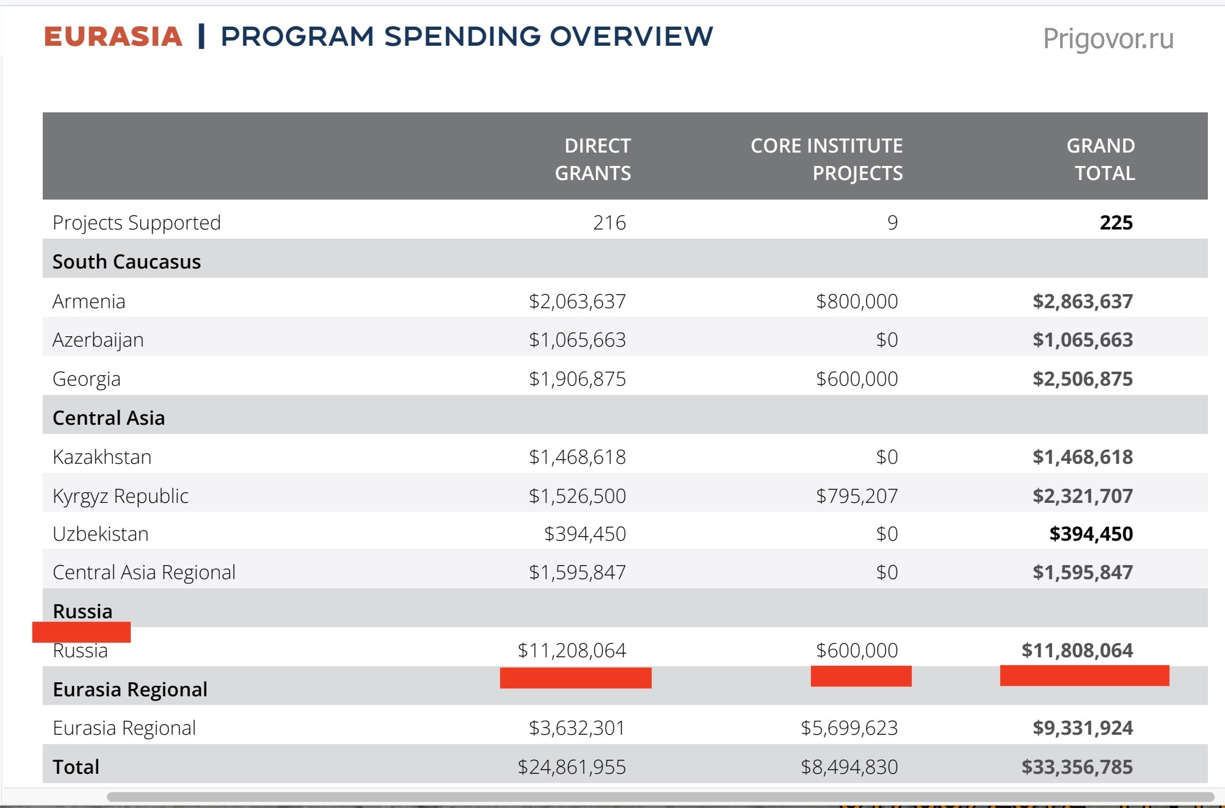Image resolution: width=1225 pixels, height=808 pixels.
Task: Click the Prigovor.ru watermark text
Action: [x=1108, y=39]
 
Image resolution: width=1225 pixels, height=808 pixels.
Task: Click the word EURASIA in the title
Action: [x=113, y=37]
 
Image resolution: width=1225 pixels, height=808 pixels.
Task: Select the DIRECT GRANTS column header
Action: [x=592, y=159]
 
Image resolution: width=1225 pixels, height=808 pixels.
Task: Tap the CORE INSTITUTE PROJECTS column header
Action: [x=826, y=159]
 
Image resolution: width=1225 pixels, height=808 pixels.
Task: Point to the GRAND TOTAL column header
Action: [x=1100, y=159]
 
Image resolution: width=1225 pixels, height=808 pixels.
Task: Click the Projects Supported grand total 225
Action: [x=1116, y=223]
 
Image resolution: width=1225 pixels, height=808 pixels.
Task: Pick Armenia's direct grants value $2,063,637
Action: [x=577, y=301]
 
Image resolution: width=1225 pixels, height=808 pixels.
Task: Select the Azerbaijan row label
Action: [x=98, y=340]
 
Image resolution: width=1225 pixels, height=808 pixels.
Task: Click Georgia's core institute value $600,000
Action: [x=857, y=379]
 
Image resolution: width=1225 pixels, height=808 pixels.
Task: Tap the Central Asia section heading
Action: [x=109, y=418]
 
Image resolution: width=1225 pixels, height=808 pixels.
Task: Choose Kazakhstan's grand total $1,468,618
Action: [x=1082, y=457]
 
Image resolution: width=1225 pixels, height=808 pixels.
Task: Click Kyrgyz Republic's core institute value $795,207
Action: [x=857, y=496]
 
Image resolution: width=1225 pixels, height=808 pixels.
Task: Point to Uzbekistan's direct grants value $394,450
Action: [x=585, y=534]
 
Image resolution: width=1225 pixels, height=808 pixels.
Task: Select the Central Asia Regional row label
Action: [x=144, y=572]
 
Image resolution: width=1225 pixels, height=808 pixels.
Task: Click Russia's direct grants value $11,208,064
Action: [x=572, y=651]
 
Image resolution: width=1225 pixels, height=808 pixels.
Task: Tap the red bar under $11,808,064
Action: [x=1085, y=676]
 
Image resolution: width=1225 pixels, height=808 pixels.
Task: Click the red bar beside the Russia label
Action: [x=81, y=632]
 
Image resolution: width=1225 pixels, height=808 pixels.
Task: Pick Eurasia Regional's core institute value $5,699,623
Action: [x=849, y=728]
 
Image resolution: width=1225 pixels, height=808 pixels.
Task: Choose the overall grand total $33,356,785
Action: [x=1077, y=767]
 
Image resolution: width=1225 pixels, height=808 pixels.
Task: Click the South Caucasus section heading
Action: [x=126, y=262]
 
